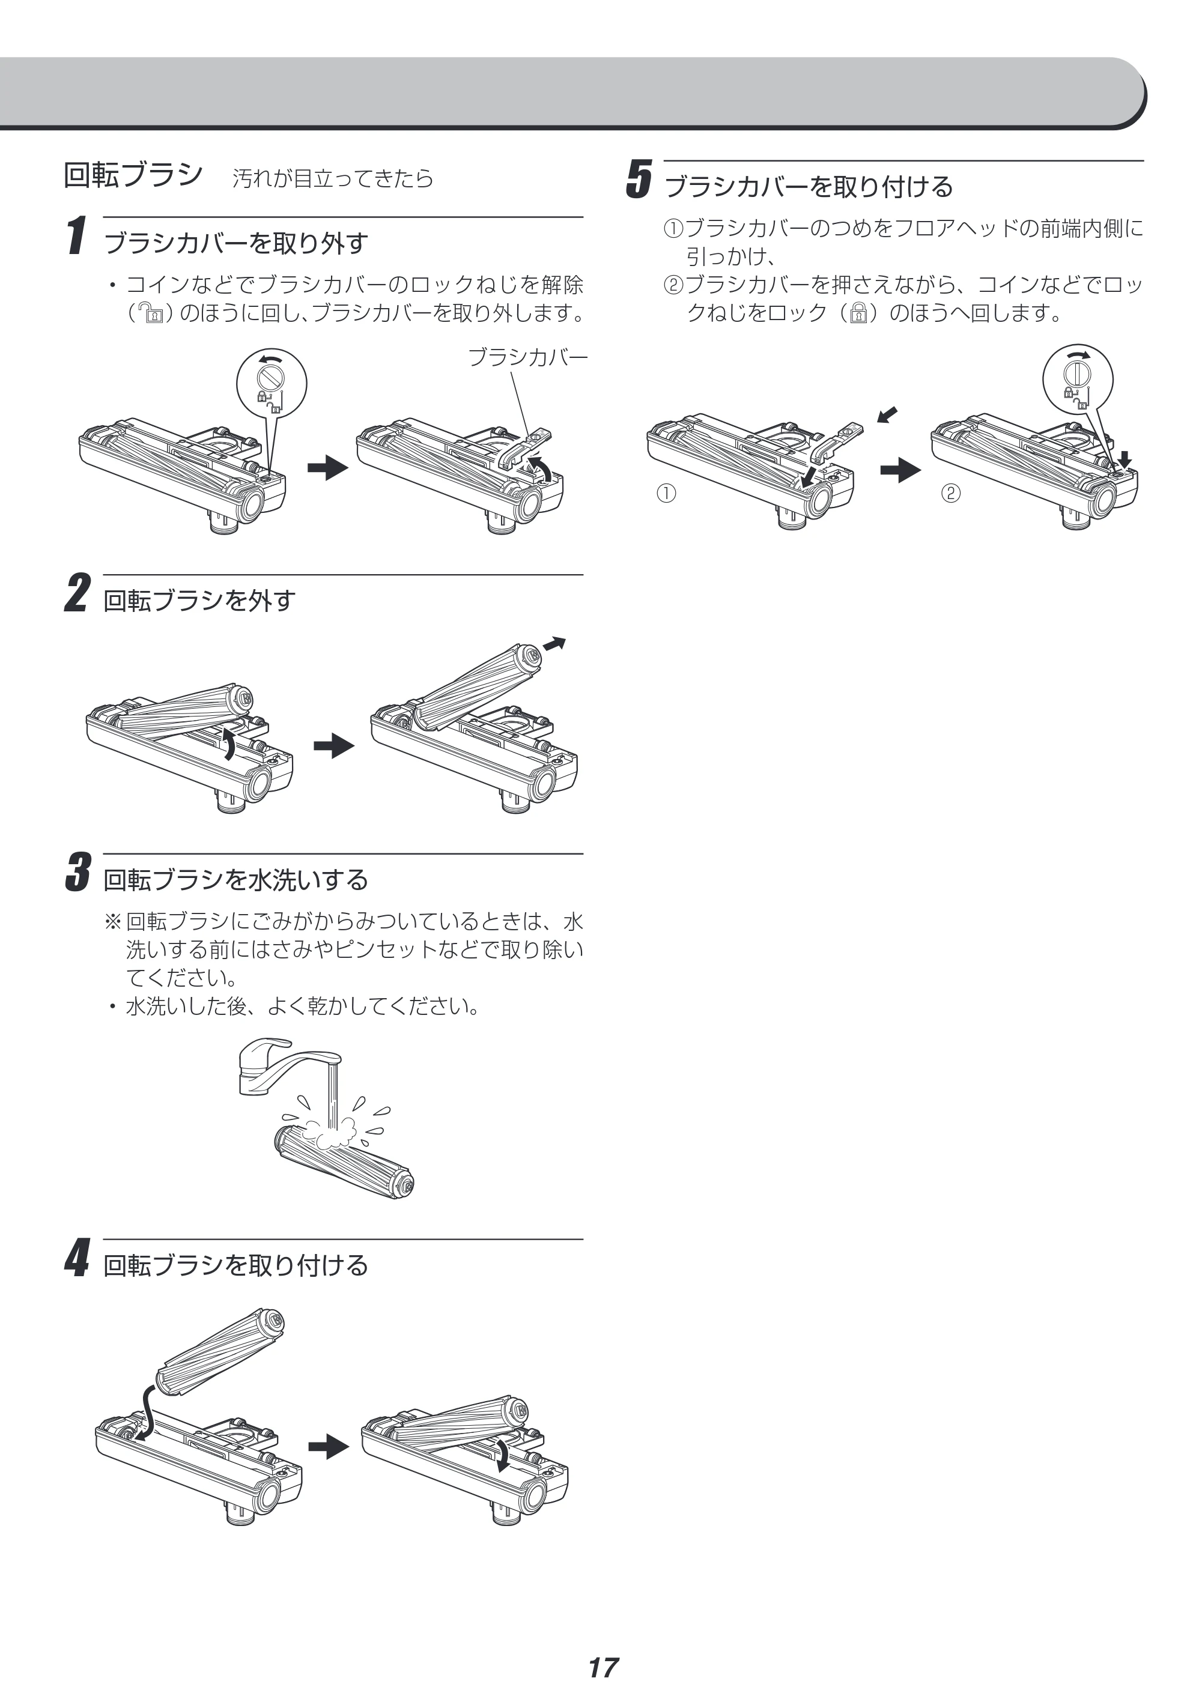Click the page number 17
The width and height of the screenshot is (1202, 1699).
(603, 1647)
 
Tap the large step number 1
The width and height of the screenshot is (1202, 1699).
(76, 236)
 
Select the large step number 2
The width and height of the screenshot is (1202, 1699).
(77, 593)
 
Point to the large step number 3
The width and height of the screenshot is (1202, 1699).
(77, 873)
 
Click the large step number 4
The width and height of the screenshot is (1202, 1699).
(77, 1258)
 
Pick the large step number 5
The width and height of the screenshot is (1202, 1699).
(639, 179)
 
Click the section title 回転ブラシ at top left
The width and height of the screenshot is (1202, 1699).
(133, 175)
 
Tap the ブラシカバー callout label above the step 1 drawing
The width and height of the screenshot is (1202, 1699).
(528, 357)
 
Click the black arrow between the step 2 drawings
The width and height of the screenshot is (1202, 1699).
(334, 746)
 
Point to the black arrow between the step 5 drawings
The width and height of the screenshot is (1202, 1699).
(900, 470)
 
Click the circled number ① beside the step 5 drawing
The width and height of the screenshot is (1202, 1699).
(666, 493)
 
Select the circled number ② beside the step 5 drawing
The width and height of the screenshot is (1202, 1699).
(950, 493)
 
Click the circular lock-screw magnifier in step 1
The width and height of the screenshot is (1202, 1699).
(272, 383)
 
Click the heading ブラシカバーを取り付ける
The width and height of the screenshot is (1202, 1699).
(809, 186)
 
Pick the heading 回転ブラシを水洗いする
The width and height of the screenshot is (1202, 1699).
(236, 880)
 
